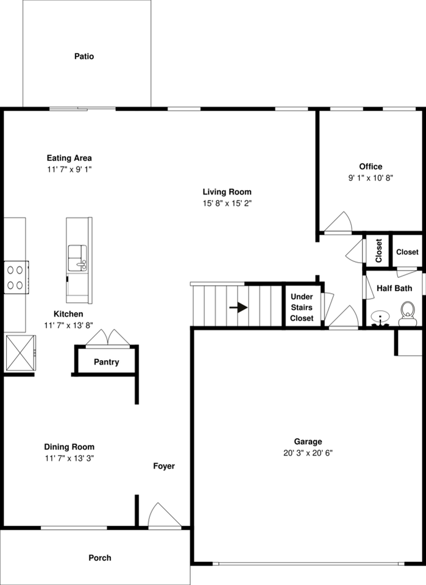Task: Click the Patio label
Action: click(84, 57)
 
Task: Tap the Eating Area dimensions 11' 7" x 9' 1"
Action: click(69, 169)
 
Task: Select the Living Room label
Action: click(227, 192)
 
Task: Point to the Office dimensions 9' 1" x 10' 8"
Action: click(371, 178)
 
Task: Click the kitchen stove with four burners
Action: click(16, 277)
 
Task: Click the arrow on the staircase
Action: click(238, 307)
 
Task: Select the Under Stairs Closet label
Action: click(302, 308)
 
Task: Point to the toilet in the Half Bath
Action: click(406, 314)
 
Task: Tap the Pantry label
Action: click(106, 363)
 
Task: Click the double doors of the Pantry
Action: click(107, 338)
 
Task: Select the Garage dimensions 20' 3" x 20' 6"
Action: click(308, 453)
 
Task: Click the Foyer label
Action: click(163, 466)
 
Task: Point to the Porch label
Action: click(100, 558)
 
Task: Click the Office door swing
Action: click(338, 223)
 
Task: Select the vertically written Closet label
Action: click(378, 250)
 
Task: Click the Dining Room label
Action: click(69, 447)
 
